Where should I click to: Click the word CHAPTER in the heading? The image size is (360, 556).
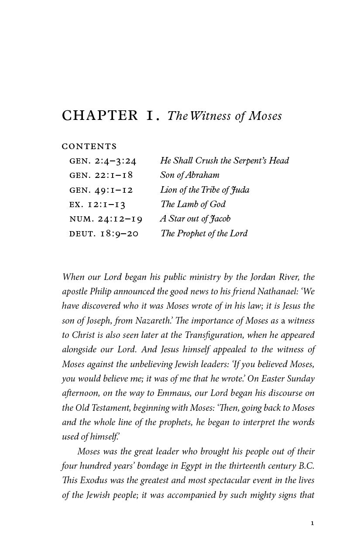click(100, 116)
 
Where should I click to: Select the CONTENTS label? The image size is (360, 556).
click(89, 146)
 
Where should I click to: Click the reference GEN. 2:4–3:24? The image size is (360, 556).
click(103, 161)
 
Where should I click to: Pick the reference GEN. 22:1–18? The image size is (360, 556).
click(101, 175)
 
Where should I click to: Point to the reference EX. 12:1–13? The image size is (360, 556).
click(97, 205)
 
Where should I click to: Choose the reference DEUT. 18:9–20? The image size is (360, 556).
click(104, 234)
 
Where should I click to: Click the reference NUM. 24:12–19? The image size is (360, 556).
click(106, 219)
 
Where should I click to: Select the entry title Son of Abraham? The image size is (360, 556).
click(190, 175)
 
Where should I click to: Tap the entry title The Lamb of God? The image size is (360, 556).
click(193, 204)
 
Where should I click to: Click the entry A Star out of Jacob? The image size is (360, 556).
click(195, 219)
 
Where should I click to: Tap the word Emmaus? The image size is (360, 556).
click(181, 393)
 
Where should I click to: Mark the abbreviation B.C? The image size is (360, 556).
click(306, 466)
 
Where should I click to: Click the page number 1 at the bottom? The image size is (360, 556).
click(312, 523)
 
